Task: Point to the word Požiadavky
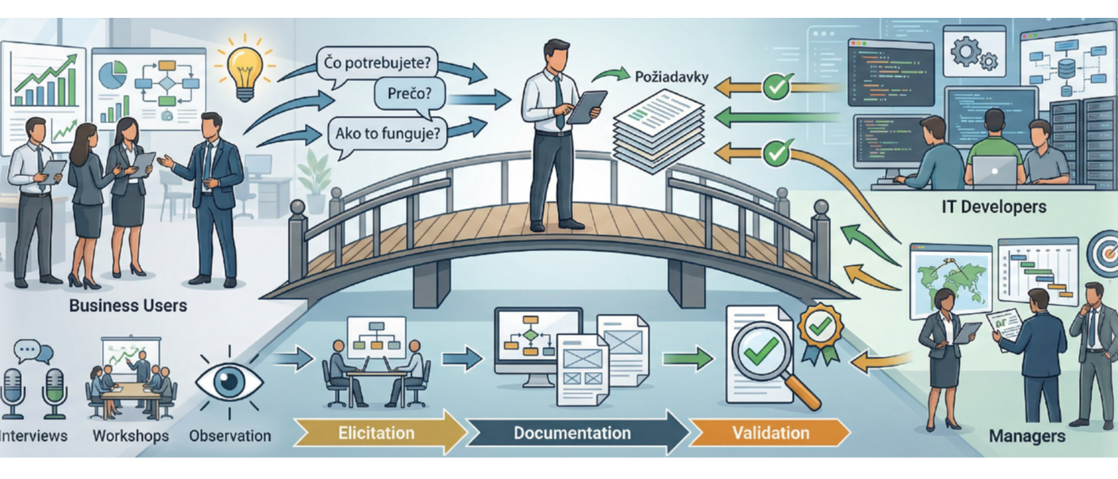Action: tap(669, 78)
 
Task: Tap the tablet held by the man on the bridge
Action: tap(586, 106)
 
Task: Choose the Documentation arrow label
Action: tap(572, 433)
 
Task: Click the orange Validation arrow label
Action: tap(769, 432)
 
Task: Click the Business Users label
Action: tap(128, 306)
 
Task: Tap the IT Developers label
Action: tap(994, 207)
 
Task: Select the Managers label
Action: tap(1026, 436)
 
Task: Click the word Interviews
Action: tap(34, 436)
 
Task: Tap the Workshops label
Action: tap(131, 436)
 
